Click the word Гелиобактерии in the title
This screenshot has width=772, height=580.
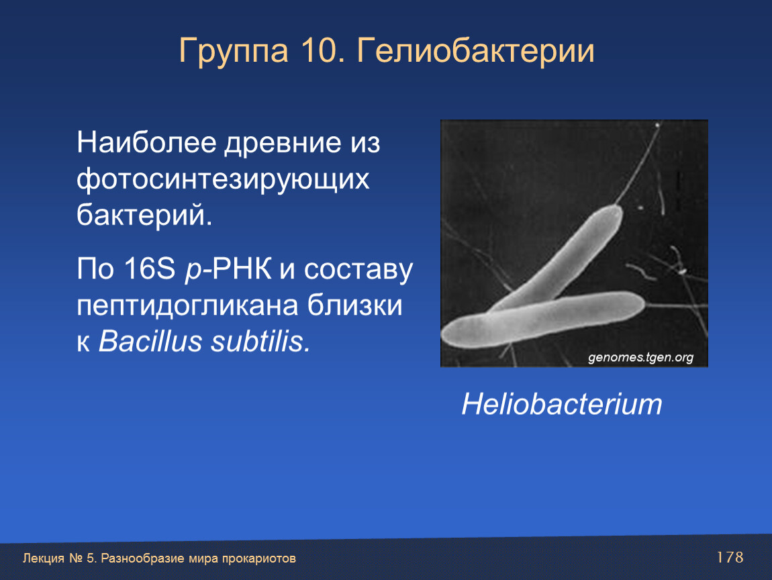click(x=475, y=50)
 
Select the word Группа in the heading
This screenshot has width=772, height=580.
click(x=234, y=52)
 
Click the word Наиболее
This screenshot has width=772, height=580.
click(x=146, y=143)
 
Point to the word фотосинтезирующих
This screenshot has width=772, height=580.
click(x=223, y=180)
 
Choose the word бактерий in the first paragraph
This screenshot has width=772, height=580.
click(x=144, y=215)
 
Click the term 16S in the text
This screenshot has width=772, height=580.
click(x=149, y=269)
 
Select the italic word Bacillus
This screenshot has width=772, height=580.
click(x=150, y=341)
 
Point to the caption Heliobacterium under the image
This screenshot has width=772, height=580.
click(x=562, y=404)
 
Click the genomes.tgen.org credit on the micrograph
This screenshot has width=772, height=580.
click(x=640, y=357)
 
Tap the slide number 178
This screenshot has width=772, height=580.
click(x=730, y=557)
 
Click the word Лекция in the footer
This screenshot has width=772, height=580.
click(x=44, y=559)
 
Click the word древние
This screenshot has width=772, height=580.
click(x=283, y=144)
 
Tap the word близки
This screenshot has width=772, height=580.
click(x=354, y=305)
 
